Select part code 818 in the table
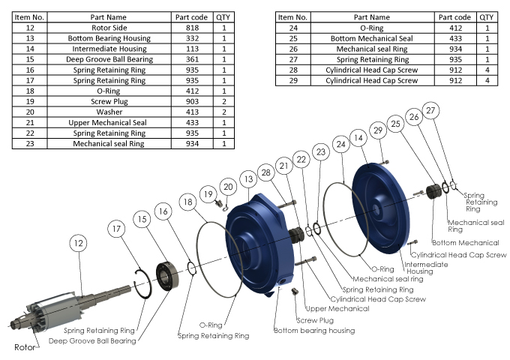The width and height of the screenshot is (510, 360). [193, 27]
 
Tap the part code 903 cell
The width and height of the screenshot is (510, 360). [193, 100]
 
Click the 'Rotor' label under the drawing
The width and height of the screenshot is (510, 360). [25, 348]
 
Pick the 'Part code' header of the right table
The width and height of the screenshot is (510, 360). [454, 16]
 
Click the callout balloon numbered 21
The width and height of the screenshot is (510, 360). [283, 166]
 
